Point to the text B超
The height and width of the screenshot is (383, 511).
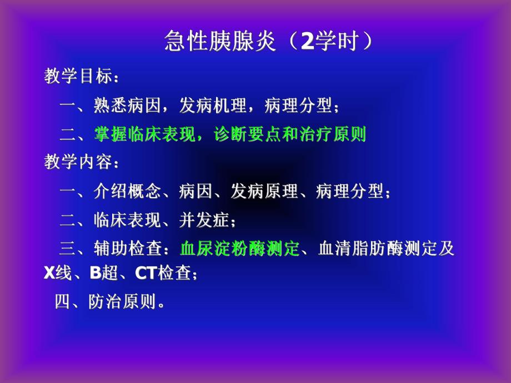click(101, 274)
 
